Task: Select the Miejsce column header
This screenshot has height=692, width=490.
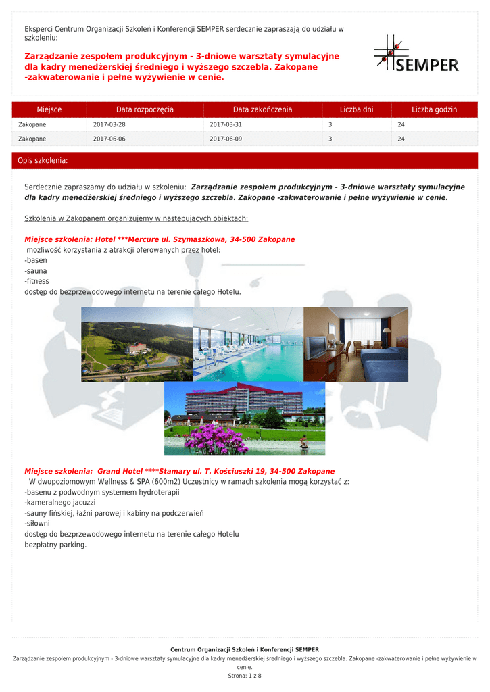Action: click(x=49, y=109)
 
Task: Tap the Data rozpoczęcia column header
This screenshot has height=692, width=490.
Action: click(x=145, y=109)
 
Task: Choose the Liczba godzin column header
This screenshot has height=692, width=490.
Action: click(x=434, y=109)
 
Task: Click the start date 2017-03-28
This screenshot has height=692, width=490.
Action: click(x=109, y=125)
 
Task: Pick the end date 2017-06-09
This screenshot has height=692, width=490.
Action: click(x=226, y=139)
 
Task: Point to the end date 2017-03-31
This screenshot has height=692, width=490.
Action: click(x=226, y=125)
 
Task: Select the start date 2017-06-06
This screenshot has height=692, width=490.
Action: click(x=109, y=139)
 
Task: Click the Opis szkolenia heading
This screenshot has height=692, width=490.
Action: click(x=43, y=161)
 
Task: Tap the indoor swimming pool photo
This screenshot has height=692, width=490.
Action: click(x=248, y=345)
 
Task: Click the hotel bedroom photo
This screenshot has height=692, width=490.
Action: click(x=356, y=345)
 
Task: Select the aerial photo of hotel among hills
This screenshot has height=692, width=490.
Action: click(x=137, y=345)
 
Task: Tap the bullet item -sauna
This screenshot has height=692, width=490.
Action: click(x=36, y=271)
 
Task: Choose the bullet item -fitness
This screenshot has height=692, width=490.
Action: click(x=36, y=281)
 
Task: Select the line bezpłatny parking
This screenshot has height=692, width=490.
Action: click(x=55, y=545)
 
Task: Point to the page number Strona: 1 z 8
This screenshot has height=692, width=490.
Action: click(x=245, y=676)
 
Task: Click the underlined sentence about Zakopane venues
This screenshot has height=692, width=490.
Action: click(x=136, y=218)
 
